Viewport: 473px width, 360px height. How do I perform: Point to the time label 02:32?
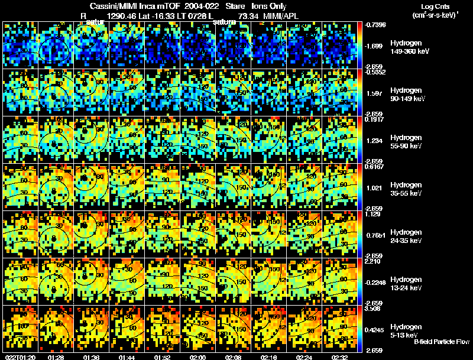point(341,356)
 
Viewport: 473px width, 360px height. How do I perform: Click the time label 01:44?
point(127,356)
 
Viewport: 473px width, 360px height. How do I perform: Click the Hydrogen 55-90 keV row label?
point(406,142)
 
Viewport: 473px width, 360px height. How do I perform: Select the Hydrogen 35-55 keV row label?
point(406,189)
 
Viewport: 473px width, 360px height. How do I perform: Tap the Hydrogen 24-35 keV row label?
point(406,236)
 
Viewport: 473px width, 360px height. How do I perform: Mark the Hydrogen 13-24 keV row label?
point(406,284)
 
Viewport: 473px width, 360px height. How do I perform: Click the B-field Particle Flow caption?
point(442,342)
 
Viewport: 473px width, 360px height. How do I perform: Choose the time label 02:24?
point(304,356)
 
